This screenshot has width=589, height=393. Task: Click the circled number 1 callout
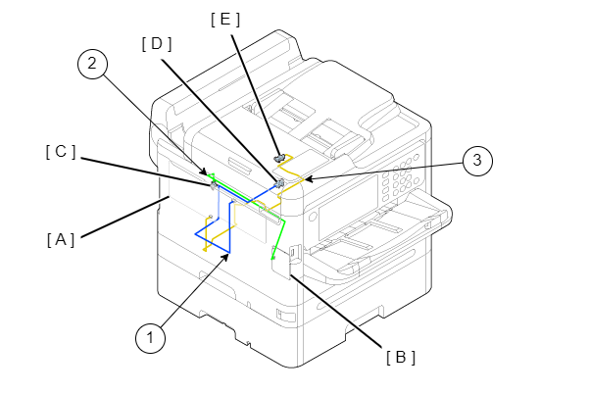[x=149, y=339]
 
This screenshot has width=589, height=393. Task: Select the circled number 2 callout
[x=92, y=65]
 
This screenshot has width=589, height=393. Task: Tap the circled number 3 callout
[x=476, y=161]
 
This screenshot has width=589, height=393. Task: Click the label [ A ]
[x=60, y=238]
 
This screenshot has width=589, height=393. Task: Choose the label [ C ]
[x=60, y=152]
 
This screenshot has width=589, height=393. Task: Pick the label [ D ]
[x=157, y=44]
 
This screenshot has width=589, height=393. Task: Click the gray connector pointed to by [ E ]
[x=281, y=157]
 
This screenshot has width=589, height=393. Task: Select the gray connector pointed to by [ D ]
[x=280, y=182]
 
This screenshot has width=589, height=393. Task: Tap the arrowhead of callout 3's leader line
[x=306, y=179]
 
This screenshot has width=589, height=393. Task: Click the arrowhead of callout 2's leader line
[x=205, y=171]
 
